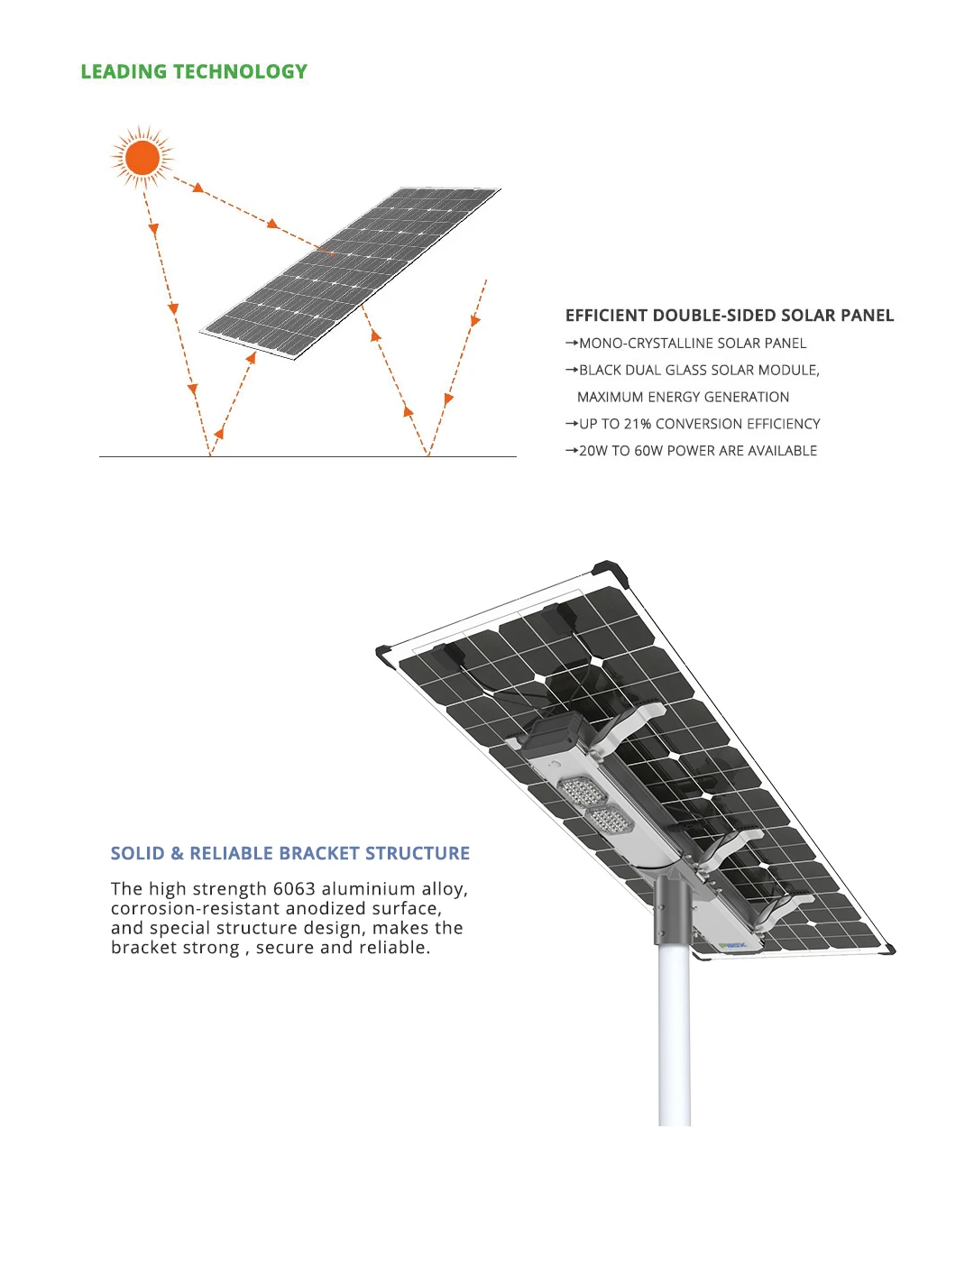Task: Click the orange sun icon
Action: pos(142,158)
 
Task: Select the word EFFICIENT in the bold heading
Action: pos(606,316)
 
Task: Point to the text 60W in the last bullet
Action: pos(648,451)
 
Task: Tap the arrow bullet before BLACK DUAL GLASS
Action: pos(571,370)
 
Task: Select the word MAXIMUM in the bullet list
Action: pos(611,397)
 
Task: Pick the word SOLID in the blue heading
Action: pos(137,853)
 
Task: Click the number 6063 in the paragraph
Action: pos(294,889)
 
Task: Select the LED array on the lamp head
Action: pos(595,805)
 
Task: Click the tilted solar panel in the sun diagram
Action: pos(352,271)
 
